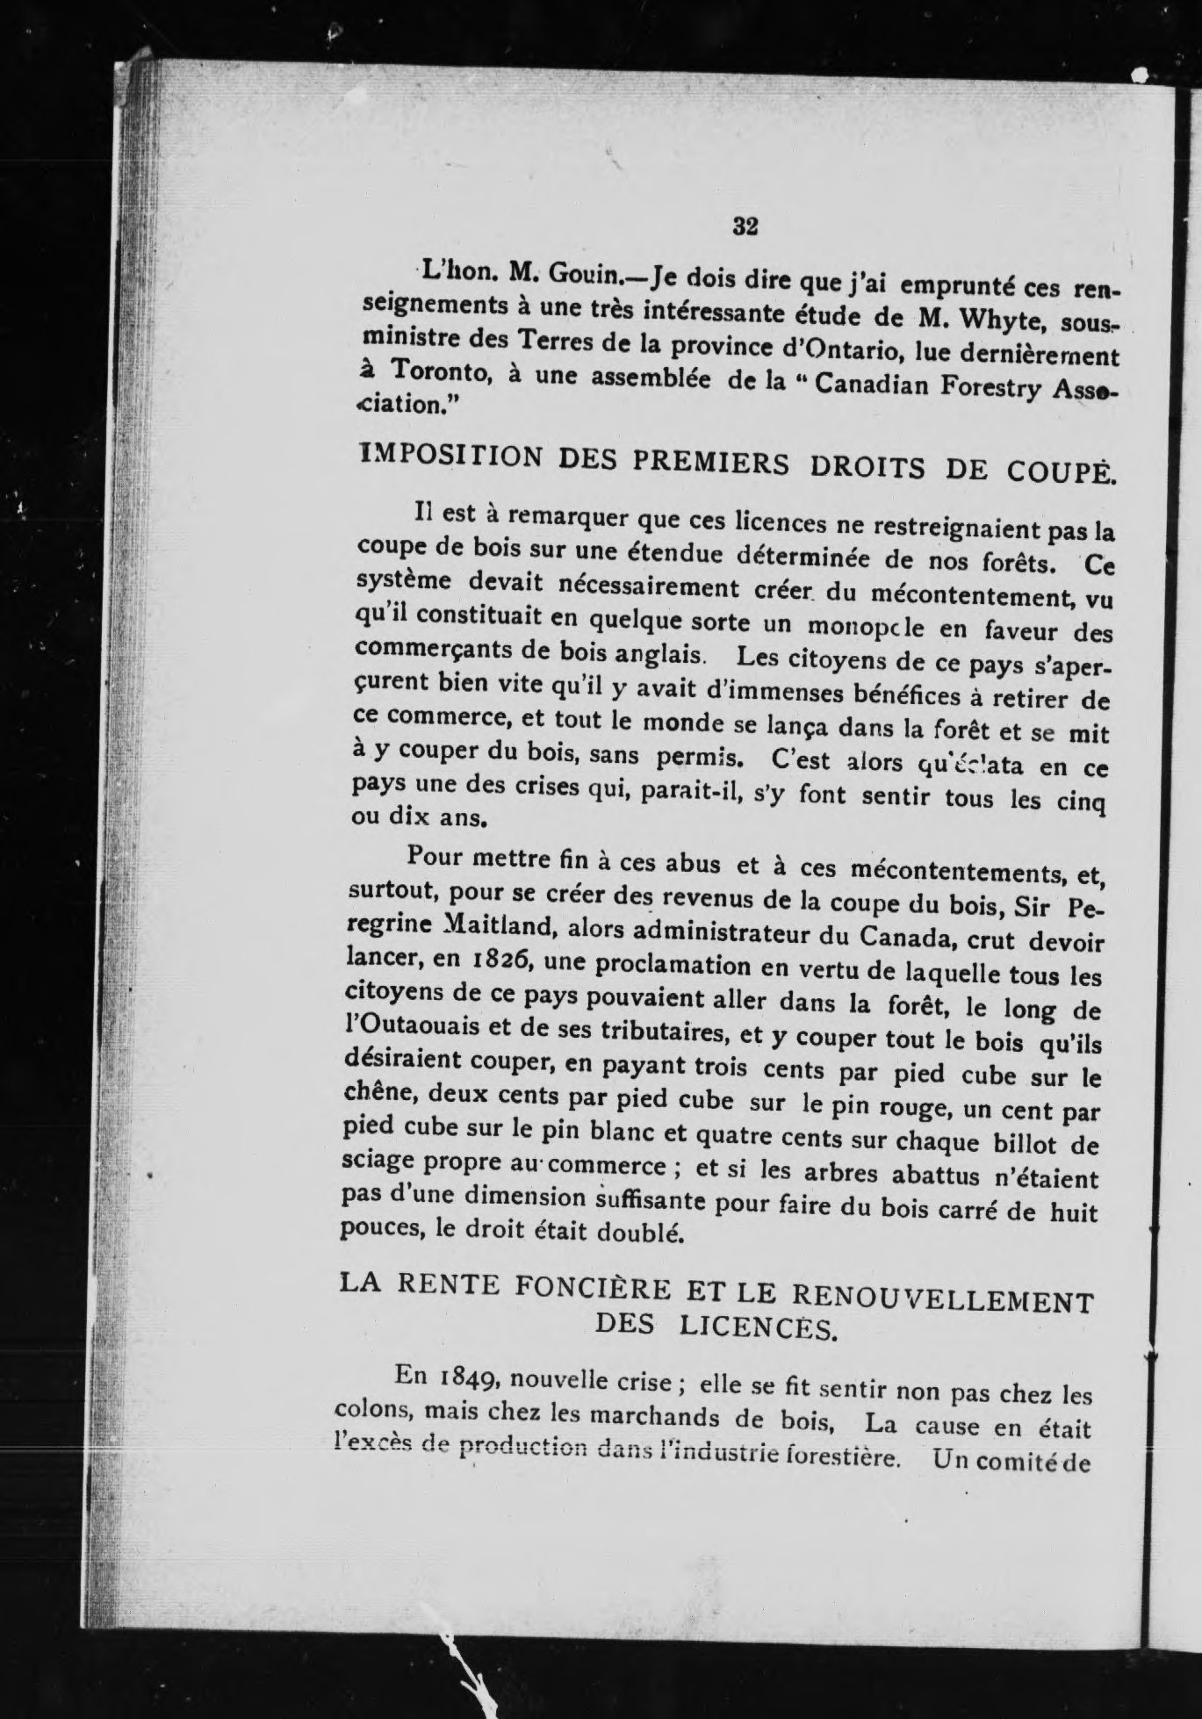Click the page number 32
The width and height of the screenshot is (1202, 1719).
pos(745,226)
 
